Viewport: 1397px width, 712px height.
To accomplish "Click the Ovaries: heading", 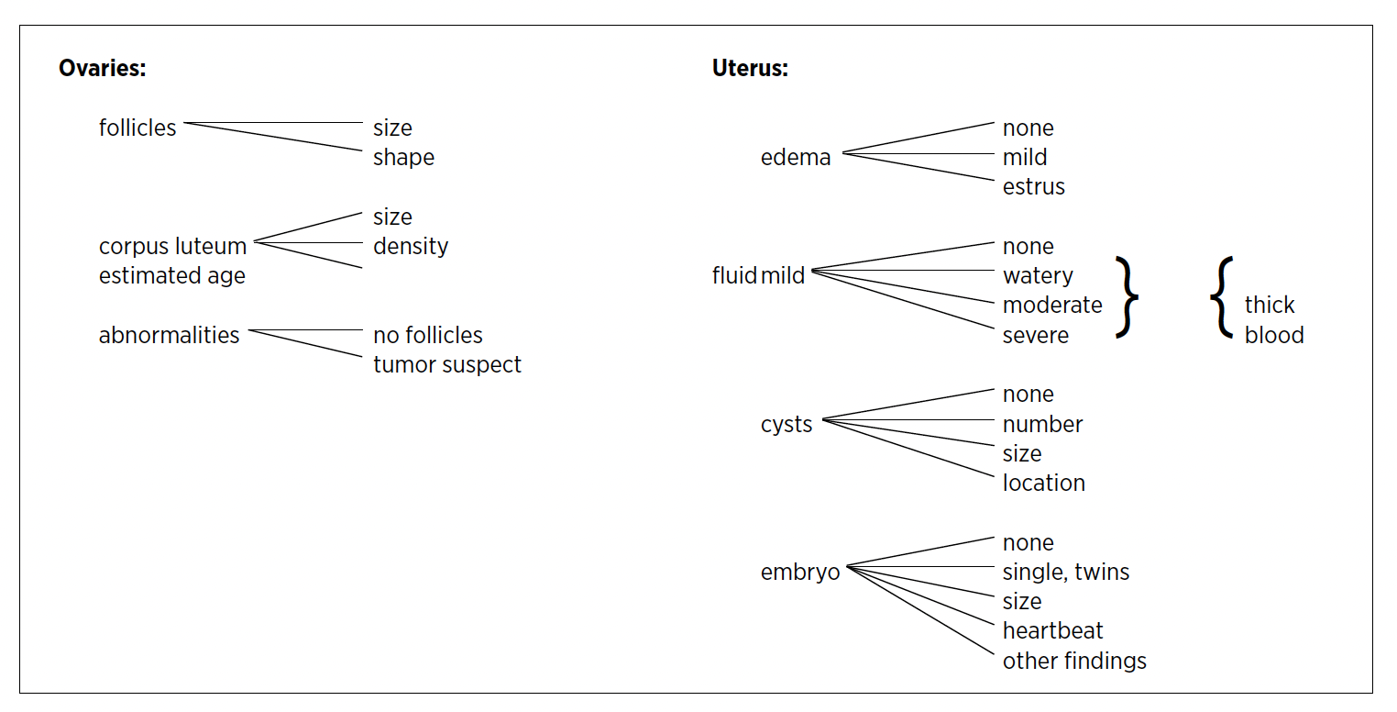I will click(102, 69).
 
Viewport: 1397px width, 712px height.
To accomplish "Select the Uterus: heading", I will click(750, 69).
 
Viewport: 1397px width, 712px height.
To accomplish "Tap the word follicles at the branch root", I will click(137, 128).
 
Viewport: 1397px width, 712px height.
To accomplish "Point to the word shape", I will click(403, 158).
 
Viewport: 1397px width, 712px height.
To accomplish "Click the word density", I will click(411, 247).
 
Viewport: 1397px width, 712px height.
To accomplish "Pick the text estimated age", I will click(172, 276).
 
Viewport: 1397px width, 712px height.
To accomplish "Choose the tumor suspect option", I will click(447, 365).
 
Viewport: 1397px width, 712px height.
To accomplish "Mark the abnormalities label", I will click(169, 336).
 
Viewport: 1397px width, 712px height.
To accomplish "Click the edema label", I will click(796, 158).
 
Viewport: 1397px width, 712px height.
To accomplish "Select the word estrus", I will click(1034, 187).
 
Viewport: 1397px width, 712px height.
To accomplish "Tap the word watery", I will click(1038, 276).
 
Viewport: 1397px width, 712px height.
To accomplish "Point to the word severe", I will click(1036, 336).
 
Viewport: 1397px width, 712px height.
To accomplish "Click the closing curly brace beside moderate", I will click(1127, 297).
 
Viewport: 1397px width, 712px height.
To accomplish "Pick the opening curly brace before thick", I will click(1221, 297).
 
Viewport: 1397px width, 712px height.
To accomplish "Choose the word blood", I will click(1274, 336).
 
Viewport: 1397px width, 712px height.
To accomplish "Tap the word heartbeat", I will click(1053, 631).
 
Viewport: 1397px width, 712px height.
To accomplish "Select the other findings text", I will click(1074, 662).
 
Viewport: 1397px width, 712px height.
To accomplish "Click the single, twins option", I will click(1066, 573).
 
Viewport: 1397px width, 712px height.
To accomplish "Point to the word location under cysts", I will click(1044, 484).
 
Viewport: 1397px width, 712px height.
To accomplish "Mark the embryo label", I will click(800, 573).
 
